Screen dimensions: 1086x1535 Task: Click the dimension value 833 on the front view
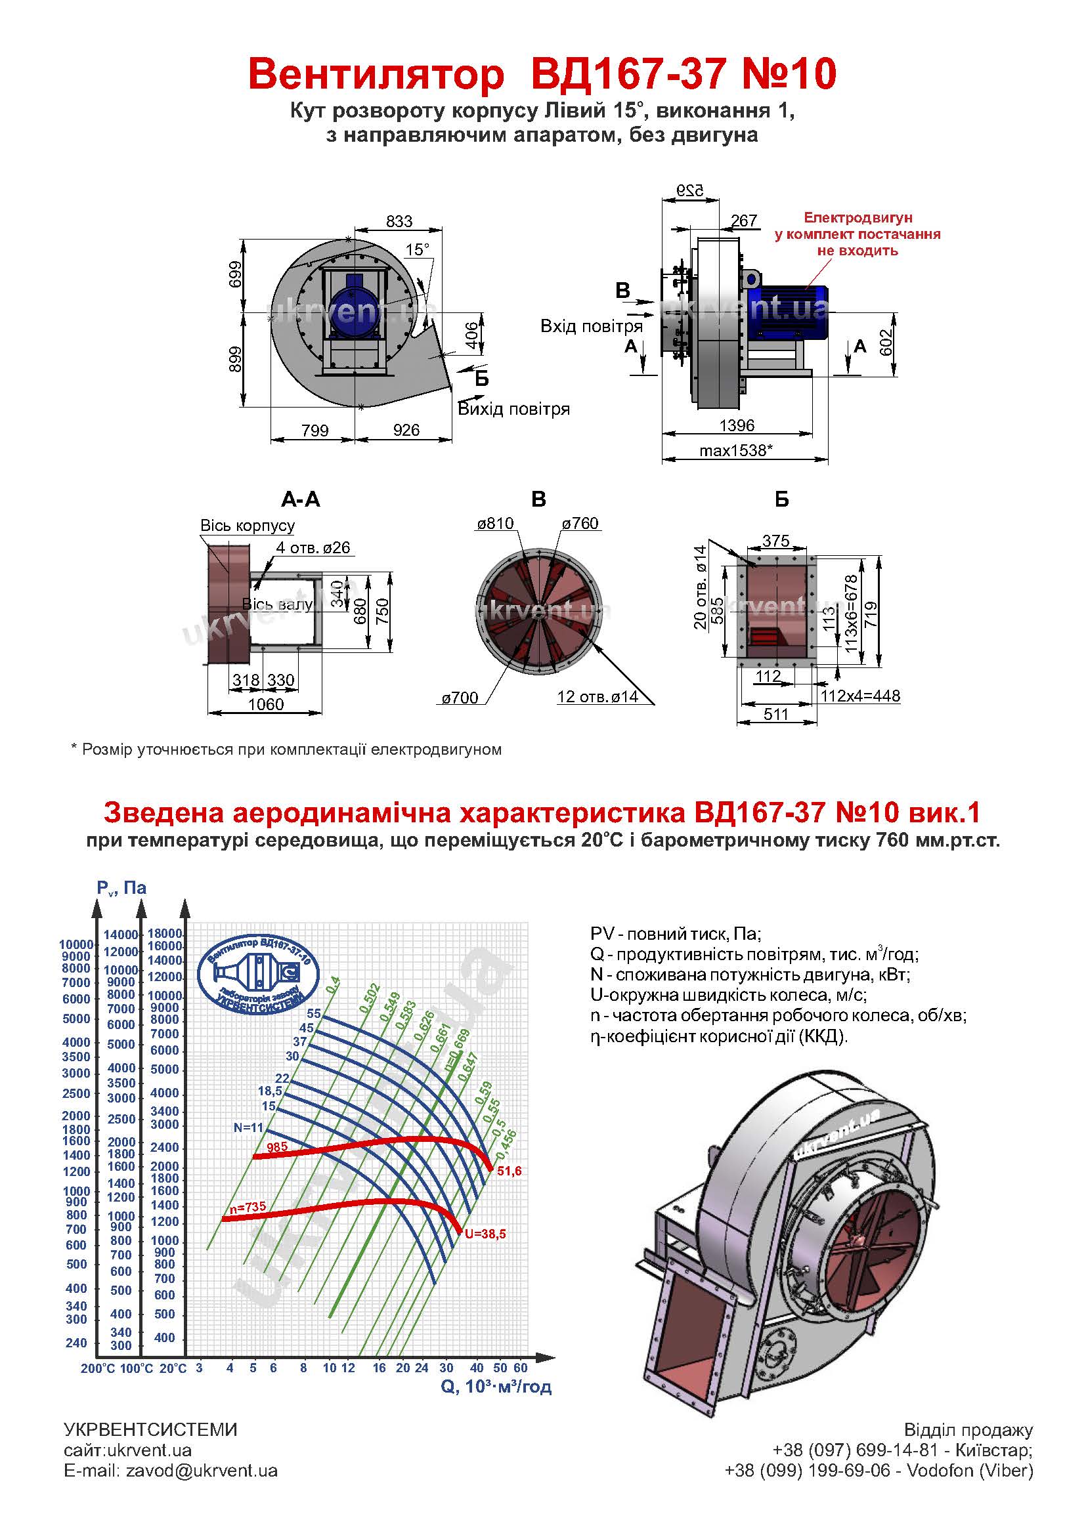(399, 221)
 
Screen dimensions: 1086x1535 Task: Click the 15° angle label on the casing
(418, 250)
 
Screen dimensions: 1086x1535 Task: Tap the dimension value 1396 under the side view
(736, 425)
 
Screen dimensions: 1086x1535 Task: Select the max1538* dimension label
(735, 451)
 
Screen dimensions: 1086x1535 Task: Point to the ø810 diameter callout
(495, 524)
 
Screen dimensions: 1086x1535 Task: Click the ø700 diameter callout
(460, 698)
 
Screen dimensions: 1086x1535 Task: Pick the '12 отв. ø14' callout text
(597, 697)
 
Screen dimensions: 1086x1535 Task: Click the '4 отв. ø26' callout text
(313, 547)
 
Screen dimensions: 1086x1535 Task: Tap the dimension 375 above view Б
(775, 540)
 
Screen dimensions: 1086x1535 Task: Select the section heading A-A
(300, 499)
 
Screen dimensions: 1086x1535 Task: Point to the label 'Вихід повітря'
(513, 409)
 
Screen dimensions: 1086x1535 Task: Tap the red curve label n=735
(248, 1208)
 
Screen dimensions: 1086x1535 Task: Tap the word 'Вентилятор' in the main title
(376, 74)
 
